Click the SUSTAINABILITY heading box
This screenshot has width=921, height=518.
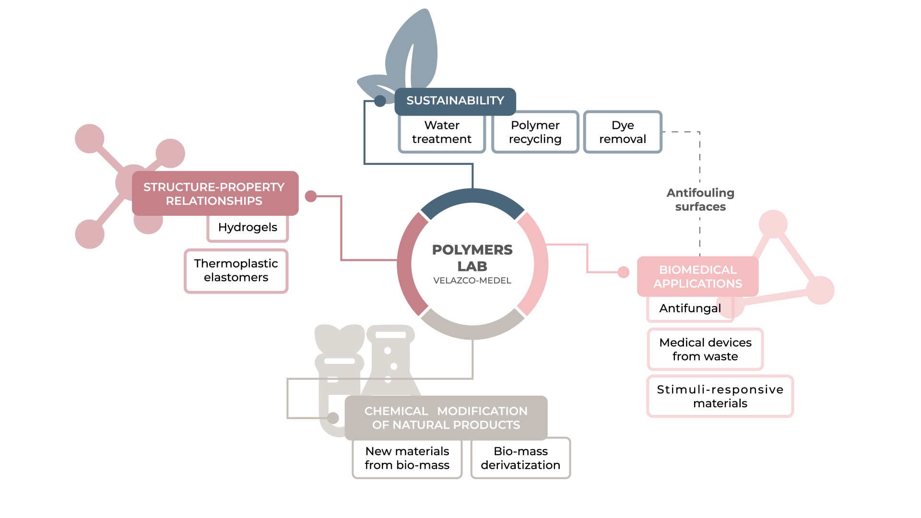455,101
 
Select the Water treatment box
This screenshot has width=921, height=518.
441,133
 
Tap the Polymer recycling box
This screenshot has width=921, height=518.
535,132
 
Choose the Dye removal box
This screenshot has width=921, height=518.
623,132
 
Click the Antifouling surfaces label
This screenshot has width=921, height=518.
700,200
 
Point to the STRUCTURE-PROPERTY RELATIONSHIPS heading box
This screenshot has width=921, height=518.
214,194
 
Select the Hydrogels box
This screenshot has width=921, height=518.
248,228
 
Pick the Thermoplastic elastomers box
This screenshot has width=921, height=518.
236,271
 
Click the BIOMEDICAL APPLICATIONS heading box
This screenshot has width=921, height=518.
697,276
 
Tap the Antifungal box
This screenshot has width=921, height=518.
690,309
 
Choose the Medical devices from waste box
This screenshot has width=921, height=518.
705,349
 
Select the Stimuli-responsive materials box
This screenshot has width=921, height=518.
720,396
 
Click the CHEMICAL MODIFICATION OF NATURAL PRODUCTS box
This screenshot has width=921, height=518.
446,418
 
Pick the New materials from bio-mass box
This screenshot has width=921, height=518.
407,458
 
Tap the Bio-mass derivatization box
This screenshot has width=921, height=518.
520,458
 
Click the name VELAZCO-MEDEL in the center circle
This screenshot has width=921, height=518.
472,281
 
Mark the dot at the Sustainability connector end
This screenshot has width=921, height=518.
380,101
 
